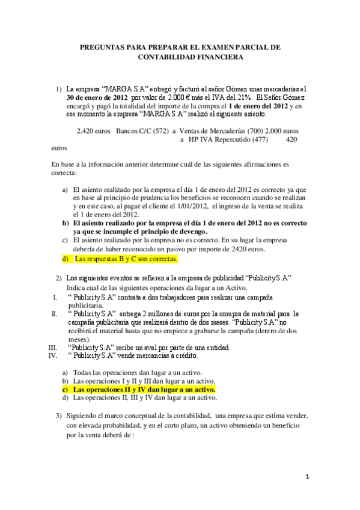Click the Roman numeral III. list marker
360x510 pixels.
tap(52, 347)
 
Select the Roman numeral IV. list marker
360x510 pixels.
tap(52, 355)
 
